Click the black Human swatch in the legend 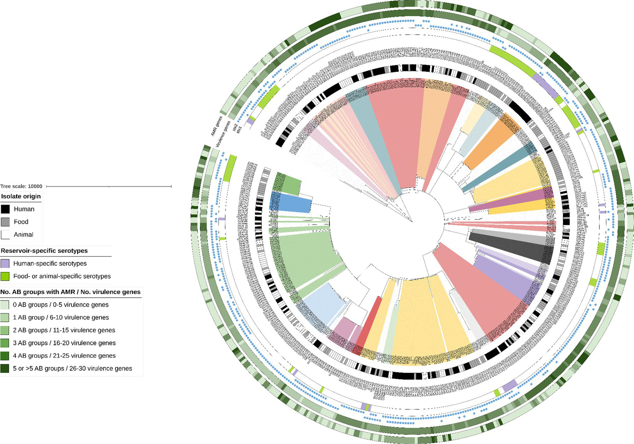point(5,209)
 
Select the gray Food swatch point(5,222)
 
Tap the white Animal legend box point(5,235)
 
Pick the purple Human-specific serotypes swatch point(5,264)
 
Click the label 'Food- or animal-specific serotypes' point(62,276)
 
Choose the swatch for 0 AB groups point(5,305)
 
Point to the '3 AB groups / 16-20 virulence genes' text point(64,343)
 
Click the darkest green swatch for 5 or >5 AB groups point(5,368)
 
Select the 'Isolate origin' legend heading point(21,196)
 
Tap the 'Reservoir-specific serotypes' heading point(44,251)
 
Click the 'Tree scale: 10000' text point(21,186)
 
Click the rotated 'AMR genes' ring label point(216,126)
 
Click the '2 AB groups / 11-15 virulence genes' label point(64,330)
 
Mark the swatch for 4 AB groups point(5,356)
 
